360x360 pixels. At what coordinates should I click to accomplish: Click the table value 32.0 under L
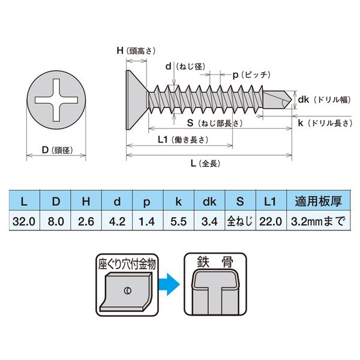pos(25,220)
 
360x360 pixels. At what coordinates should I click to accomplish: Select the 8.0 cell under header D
pos(56,220)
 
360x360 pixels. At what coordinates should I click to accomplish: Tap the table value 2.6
pos(87,220)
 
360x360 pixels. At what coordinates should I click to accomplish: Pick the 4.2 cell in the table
pos(118,220)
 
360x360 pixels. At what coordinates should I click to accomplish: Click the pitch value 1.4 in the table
pos(147,220)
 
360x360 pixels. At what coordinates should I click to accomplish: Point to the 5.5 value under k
pos(178,220)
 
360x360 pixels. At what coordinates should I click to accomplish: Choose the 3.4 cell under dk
pos(209,220)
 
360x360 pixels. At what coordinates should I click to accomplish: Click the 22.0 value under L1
pos(270,220)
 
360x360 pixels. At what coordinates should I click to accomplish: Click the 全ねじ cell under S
pos(240,220)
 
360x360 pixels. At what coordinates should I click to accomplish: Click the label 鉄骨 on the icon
pos(212,262)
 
